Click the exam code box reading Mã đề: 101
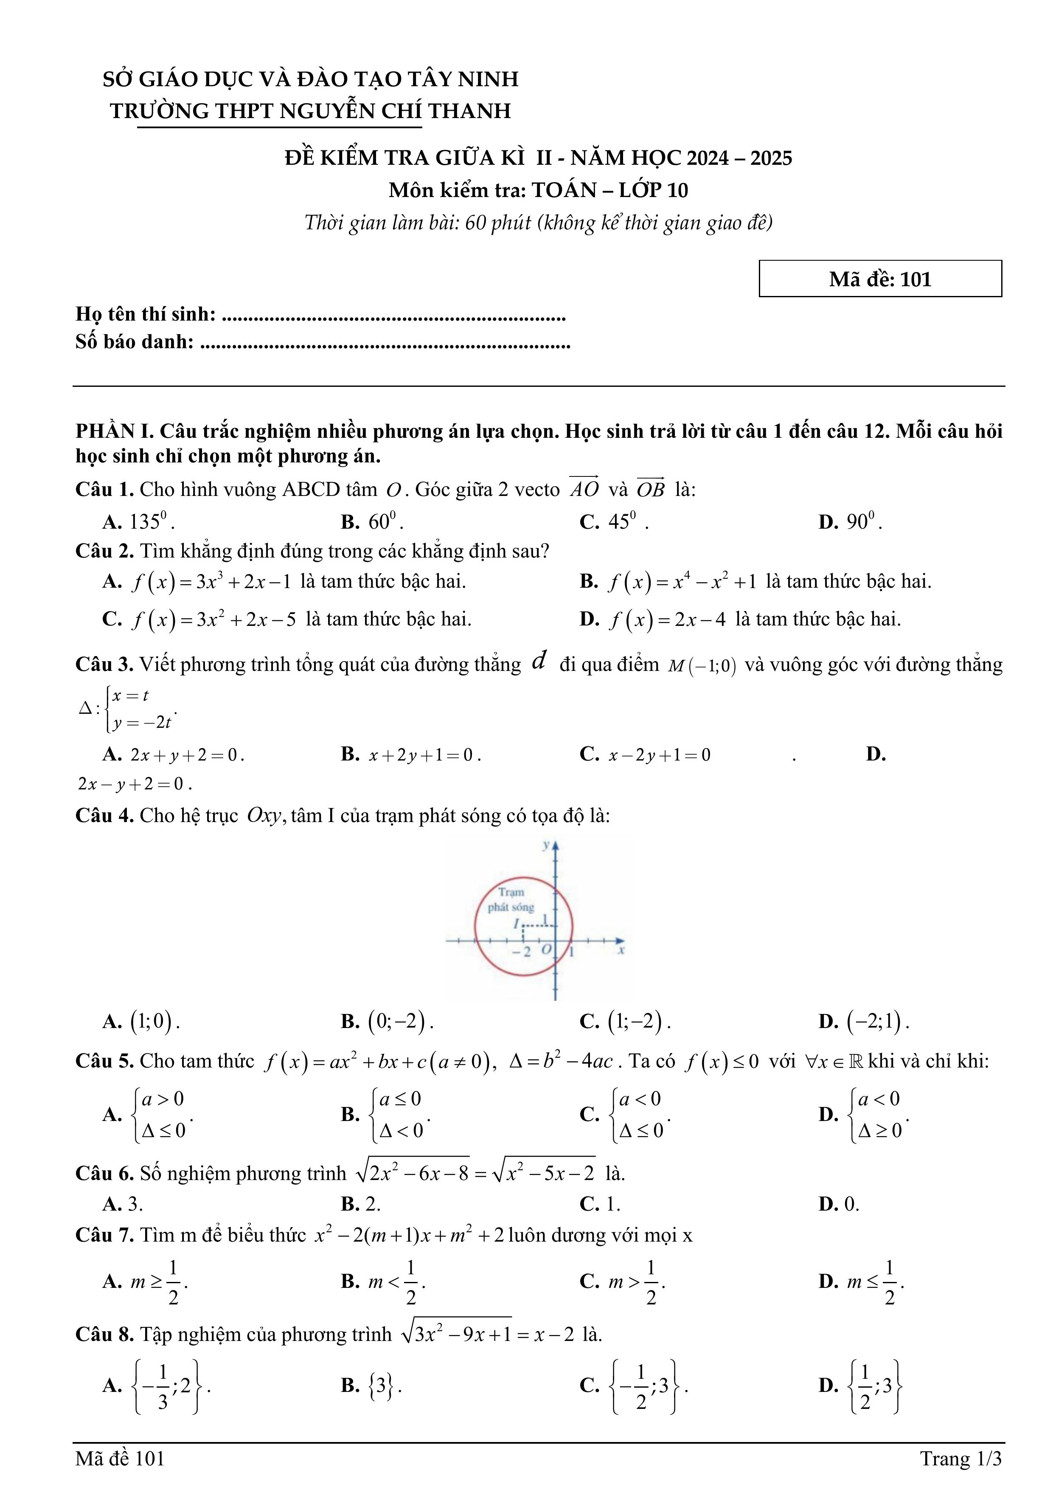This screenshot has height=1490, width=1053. [880, 279]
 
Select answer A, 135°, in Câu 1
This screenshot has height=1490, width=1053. [138, 522]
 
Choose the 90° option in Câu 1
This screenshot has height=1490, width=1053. [850, 522]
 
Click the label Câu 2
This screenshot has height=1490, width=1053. [104, 552]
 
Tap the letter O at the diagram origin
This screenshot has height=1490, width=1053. [546, 949]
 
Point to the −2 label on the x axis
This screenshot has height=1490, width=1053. [521, 952]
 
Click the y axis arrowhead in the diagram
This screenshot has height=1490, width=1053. [556, 845]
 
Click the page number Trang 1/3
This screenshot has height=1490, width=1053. [960, 1459]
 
